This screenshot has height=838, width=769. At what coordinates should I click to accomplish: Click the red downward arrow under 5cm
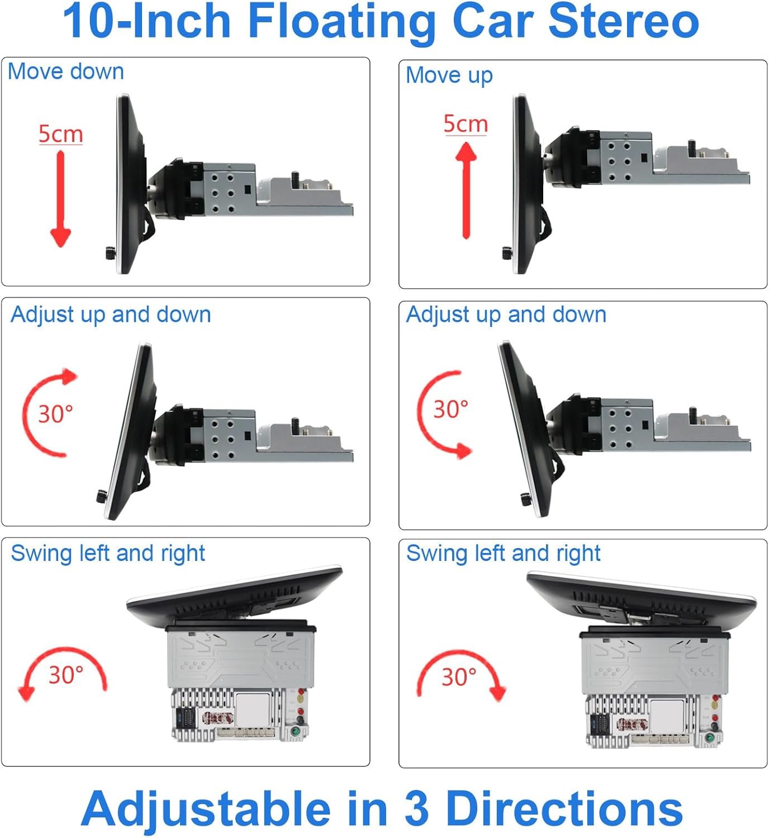(x=60, y=199)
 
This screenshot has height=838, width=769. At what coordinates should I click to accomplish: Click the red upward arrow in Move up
(x=466, y=191)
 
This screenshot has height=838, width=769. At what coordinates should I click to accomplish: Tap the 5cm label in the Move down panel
(x=60, y=134)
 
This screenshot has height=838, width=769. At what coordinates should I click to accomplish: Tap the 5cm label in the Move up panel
(x=465, y=124)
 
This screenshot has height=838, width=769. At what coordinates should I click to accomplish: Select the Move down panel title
(x=66, y=72)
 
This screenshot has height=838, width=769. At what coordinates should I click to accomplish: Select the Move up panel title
(x=449, y=76)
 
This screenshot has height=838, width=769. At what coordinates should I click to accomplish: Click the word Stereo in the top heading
(x=623, y=21)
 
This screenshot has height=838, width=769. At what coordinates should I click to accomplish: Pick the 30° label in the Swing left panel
(x=66, y=675)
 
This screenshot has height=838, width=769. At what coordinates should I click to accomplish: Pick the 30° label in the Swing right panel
(x=459, y=677)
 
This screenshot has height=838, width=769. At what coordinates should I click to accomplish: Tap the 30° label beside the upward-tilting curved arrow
(x=55, y=414)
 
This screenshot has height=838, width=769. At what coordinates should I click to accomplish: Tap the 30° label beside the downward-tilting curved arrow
(x=450, y=409)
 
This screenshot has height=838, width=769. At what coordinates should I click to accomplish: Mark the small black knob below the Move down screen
(x=111, y=253)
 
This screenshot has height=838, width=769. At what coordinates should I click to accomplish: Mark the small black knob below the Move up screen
(x=508, y=253)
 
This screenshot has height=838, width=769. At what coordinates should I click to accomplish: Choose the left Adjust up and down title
(x=111, y=316)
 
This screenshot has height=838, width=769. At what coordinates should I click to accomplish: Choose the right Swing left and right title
(x=503, y=554)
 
